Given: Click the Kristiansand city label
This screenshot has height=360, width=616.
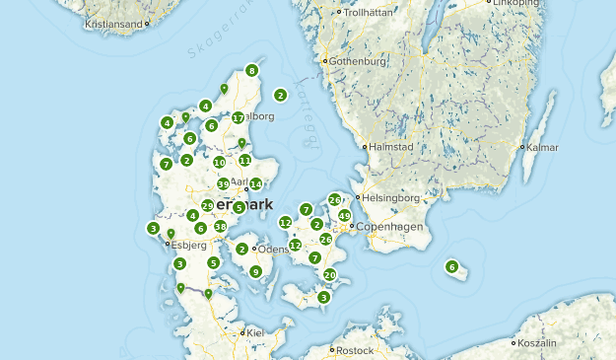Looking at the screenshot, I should pos(115,22).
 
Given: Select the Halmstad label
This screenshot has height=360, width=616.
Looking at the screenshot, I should pos(390,147).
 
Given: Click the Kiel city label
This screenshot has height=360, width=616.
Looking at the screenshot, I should pos(256,332).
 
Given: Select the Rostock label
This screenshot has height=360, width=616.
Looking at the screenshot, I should pos(355,349).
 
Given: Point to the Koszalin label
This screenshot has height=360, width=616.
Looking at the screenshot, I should pos(537,342).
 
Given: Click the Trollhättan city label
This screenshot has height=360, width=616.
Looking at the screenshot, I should pos(371,13).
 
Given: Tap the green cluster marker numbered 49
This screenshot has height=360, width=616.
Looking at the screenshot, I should pos(344,215).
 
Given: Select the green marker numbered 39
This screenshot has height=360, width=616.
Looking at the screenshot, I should pos(224,183).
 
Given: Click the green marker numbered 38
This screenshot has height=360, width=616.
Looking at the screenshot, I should pos(220,226).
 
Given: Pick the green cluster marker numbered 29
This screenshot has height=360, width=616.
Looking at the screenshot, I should pos(208,205).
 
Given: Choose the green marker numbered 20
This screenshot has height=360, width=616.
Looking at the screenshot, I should pos(330,274).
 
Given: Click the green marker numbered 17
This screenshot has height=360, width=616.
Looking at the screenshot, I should pos(238,117).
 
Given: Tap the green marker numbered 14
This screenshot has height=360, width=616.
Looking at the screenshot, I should pos(255,183).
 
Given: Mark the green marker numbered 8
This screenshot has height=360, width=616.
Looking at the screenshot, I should pos(252,70).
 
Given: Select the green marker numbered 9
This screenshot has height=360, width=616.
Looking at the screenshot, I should pos(255,271).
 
